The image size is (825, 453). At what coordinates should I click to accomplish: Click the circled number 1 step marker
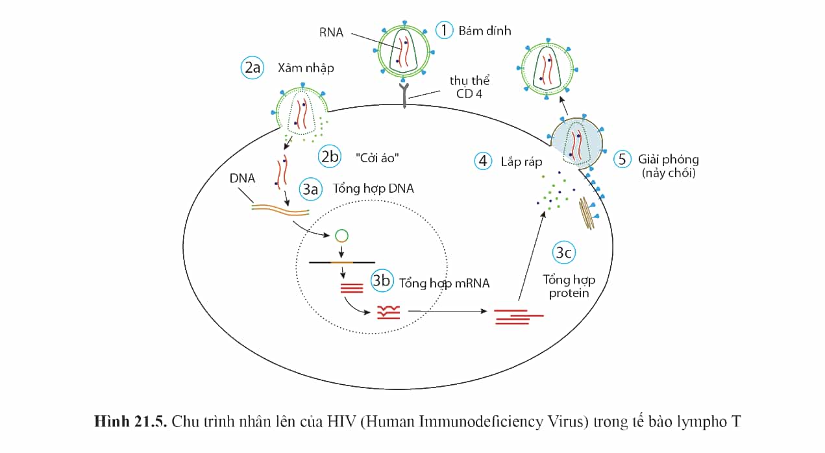pyautogui.click(x=444, y=31)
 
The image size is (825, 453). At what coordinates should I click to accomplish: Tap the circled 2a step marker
pyautogui.click(x=252, y=67)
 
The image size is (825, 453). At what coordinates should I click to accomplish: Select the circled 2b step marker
pyautogui.click(x=330, y=156)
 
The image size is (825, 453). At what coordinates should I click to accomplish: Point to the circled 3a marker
pyautogui.click(x=310, y=190)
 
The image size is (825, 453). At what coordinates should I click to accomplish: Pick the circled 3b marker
pyautogui.click(x=382, y=280)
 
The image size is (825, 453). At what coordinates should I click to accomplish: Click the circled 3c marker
pyautogui.click(x=564, y=252)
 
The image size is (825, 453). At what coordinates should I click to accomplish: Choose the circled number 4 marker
pyautogui.click(x=483, y=161)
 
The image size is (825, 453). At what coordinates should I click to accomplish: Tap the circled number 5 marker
pyautogui.click(x=622, y=160)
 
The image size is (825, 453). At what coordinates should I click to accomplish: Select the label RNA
pyautogui.click(x=331, y=33)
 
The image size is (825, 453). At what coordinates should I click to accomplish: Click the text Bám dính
pyautogui.click(x=485, y=31)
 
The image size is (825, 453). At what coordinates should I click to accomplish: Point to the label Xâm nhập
pyautogui.click(x=306, y=68)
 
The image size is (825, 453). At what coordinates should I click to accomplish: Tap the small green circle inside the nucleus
pyautogui.click(x=341, y=236)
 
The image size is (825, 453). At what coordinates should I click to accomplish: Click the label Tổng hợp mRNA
pyautogui.click(x=445, y=283)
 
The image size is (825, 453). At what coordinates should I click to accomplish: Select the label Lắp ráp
pyautogui.click(x=521, y=162)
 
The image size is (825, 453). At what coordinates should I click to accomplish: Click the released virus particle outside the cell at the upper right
pyautogui.click(x=547, y=69)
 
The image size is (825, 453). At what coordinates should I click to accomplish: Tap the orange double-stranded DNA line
pyautogui.click(x=280, y=210)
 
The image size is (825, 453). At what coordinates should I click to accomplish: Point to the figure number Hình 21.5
pyautogui.click(x=130, y=422)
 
